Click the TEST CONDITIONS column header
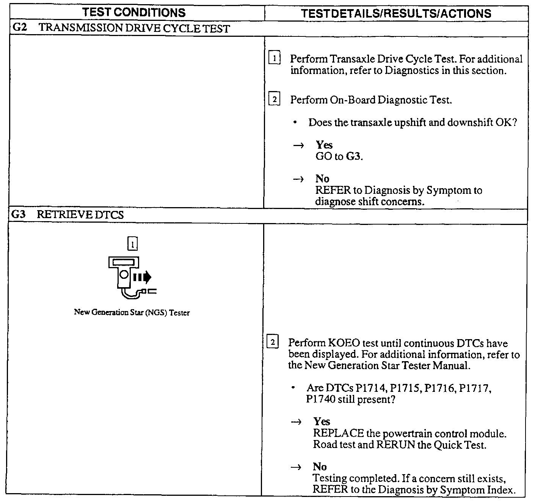click(x=134, y=13)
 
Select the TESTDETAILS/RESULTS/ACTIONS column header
click(x=396, y=14)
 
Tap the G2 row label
click(x=20, y=28)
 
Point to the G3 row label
click(x=18, y=214)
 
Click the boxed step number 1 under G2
click(x=274, y=58)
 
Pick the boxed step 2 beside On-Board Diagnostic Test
click(x=274, y=100)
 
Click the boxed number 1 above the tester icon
click(x=133, y=244)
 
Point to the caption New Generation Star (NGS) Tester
click(x=132, y=313)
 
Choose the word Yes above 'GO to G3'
click(x=324, y=145)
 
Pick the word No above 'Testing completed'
click(x=320, y=467)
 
